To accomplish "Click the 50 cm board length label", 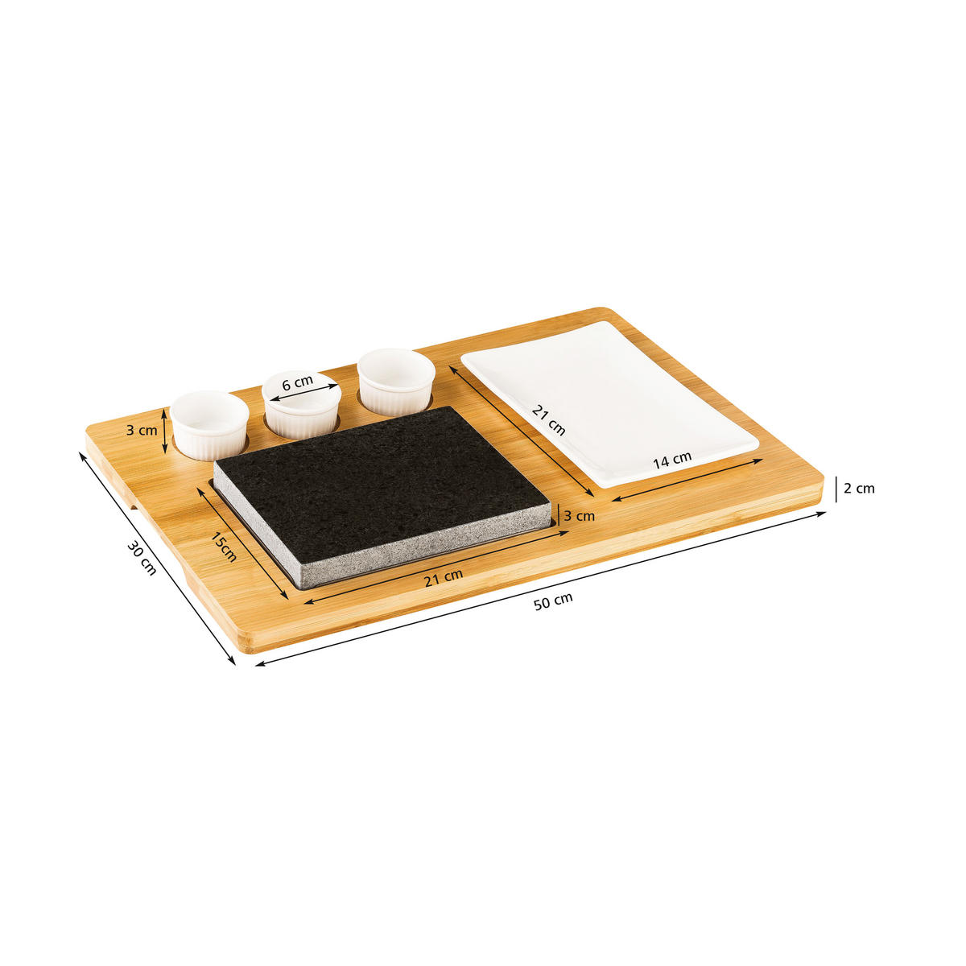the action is pyautogui.click(x=552, y=601).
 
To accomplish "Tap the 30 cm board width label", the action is pyautogui.click(x=142, y=557).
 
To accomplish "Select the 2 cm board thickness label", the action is pyautogui.click(x=858, y=489).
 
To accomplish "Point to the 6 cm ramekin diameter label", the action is pyautogui.click(x=298, y=383).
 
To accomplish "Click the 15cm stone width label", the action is pyautogui.click(x=223, y=547).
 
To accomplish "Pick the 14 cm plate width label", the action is pyautogui.click(x=671, y=460).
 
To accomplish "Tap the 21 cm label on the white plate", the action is pyautogui.click(x=548, y=420).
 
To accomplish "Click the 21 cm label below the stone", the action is pyautogui.click(x=443, y=578).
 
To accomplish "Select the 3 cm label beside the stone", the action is pyautogui.click(x=579, y=516).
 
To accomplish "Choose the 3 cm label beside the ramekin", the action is pyautogui.click(x=142, y=430).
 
